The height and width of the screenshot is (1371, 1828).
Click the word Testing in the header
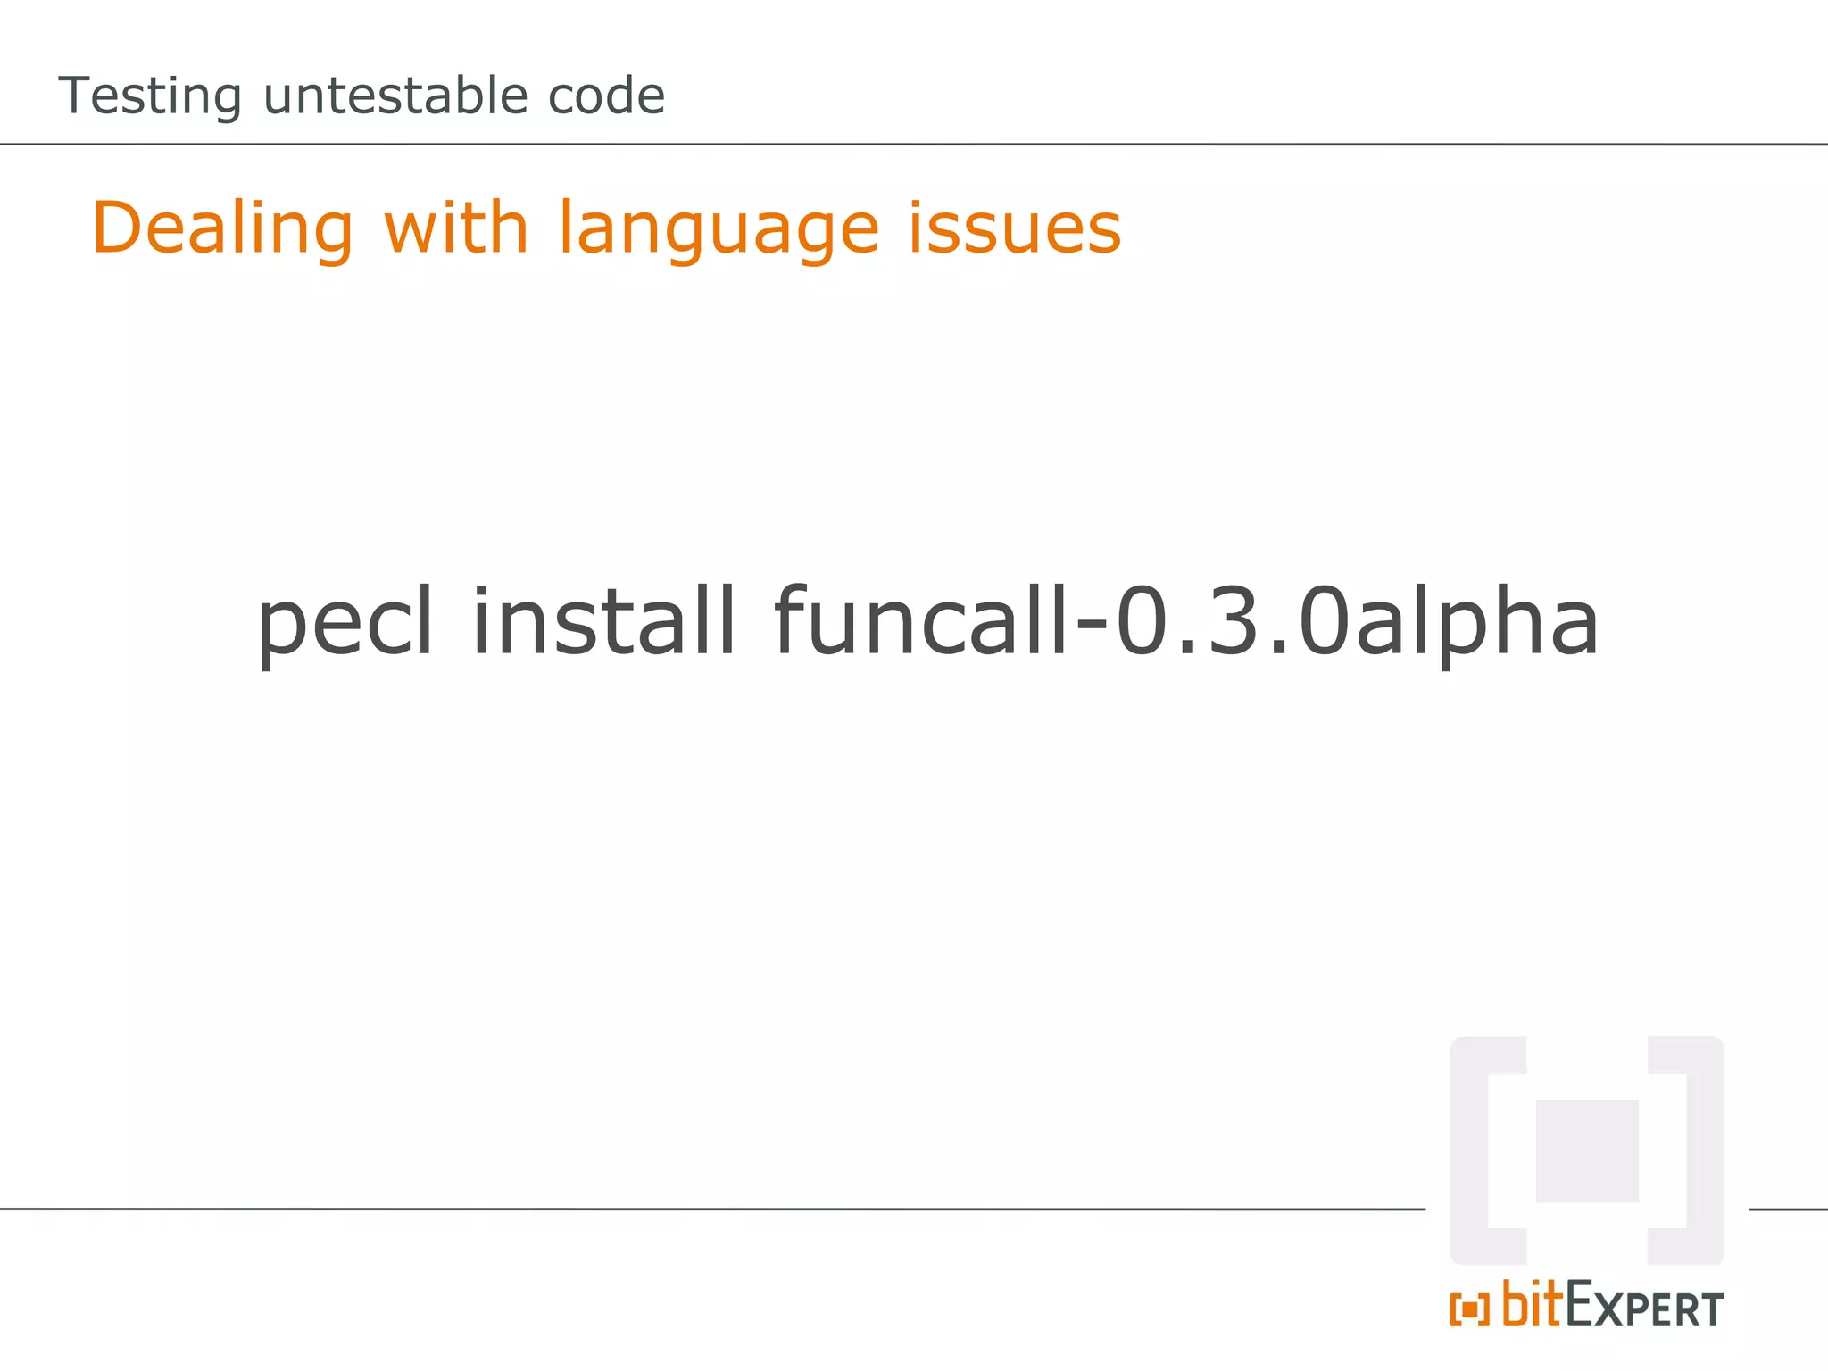pyautogui.click(x=150, y=96)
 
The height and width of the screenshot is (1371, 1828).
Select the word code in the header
pyautogui.click(x=606, y=96)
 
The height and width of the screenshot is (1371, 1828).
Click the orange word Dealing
pyautogui.click(x=222, y=229)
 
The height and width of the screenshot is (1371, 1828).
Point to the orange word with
pyautogui.click(x=456, y=228)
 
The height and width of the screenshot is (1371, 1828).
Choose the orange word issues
pyautogui.click(x=1014, y=228)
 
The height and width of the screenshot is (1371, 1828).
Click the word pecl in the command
pyautogui.click(x=345, y=622)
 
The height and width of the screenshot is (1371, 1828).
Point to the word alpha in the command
pyautogui.click(x=1477, y=622)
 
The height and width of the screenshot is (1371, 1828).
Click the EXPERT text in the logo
pyautogui.click(x=1644, y=1309)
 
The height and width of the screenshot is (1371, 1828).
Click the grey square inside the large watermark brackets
pyautogui.click(x=1587, y=1151)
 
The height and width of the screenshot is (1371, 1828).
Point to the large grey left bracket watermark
pyautogui.click(x=1473, y=1151)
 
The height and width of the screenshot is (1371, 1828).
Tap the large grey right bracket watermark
pyautogui.click(x=1701, y=1151)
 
